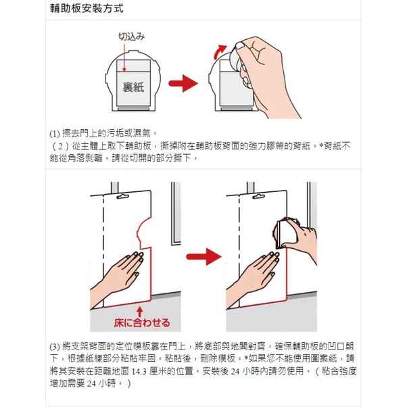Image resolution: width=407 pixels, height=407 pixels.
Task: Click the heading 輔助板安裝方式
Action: pyautogui.click(x=87, y=9)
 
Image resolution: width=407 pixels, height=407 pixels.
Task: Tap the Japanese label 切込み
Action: pyautogui.click(x=131, y=37)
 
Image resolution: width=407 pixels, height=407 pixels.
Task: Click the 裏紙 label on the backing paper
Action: pyautogui.click(x=133, y=87)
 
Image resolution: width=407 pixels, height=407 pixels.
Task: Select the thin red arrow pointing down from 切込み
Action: pyautogui.click(x=124, y=57)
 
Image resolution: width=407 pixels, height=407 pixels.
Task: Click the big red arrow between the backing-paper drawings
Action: pyautogui.click(x=183, y=83)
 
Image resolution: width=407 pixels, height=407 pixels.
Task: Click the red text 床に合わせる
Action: pyautogui.click(x=142, y=322)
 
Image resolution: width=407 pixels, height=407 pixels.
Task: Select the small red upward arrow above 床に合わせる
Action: pyautogui.click(x=140, y=312)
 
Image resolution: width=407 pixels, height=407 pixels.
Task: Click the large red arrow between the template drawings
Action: pyautogui.click(x=203, y=257)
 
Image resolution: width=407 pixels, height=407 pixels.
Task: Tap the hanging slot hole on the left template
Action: pyautogui.click(x=123, y=197)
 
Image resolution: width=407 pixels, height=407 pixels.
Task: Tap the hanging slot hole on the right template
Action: pyautogui.click(x=259, y=197)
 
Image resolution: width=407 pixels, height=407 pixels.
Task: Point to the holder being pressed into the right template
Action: pyautogui.click(x=285, y=233)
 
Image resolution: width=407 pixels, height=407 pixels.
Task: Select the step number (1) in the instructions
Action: pyautogui.click(x=55, y=134)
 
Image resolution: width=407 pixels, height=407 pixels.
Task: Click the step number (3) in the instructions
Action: pyautogui.click(x=55, y=347)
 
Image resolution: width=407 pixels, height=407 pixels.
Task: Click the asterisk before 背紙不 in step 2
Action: pyautogui.click(x=321, y=145)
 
